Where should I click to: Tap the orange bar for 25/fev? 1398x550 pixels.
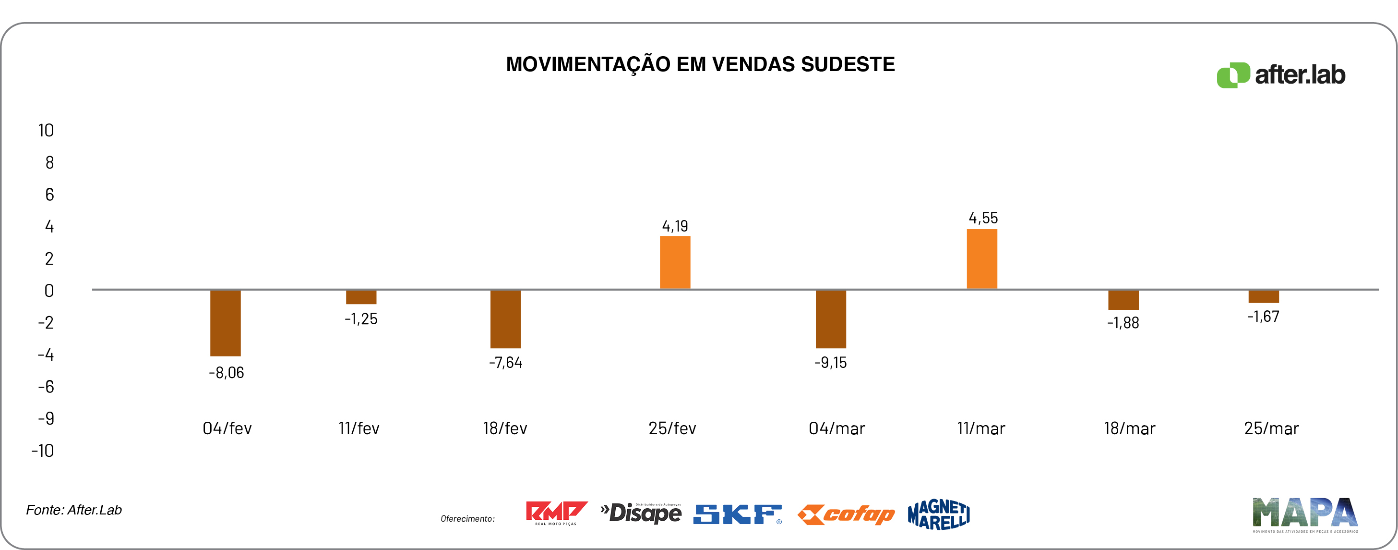(x=675, y=262)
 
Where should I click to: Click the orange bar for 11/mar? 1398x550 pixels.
(x=982, y=259)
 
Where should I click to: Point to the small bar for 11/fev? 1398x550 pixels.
(x=361, y=297)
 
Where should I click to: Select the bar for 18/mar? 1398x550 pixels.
(x=1123, y=300)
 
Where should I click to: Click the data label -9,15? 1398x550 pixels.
(x=830, y=363)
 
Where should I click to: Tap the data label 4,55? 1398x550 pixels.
(x=983, y=218)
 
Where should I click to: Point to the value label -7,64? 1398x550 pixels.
(x=505, y=363)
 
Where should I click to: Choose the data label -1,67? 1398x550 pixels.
(x=1263, y=317)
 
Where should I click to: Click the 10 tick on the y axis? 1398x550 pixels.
(x=46, y=131)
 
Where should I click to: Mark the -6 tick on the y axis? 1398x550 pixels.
(x=46, y=387)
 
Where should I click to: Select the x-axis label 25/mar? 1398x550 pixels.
(x=1271, y=429)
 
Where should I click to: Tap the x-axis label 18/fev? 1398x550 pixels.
(x=505, y=429)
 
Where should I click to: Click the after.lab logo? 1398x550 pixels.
(x=1281, y=75)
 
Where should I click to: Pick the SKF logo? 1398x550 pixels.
(x=737, y=514)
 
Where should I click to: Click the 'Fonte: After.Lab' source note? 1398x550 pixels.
(x=74, y=510)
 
